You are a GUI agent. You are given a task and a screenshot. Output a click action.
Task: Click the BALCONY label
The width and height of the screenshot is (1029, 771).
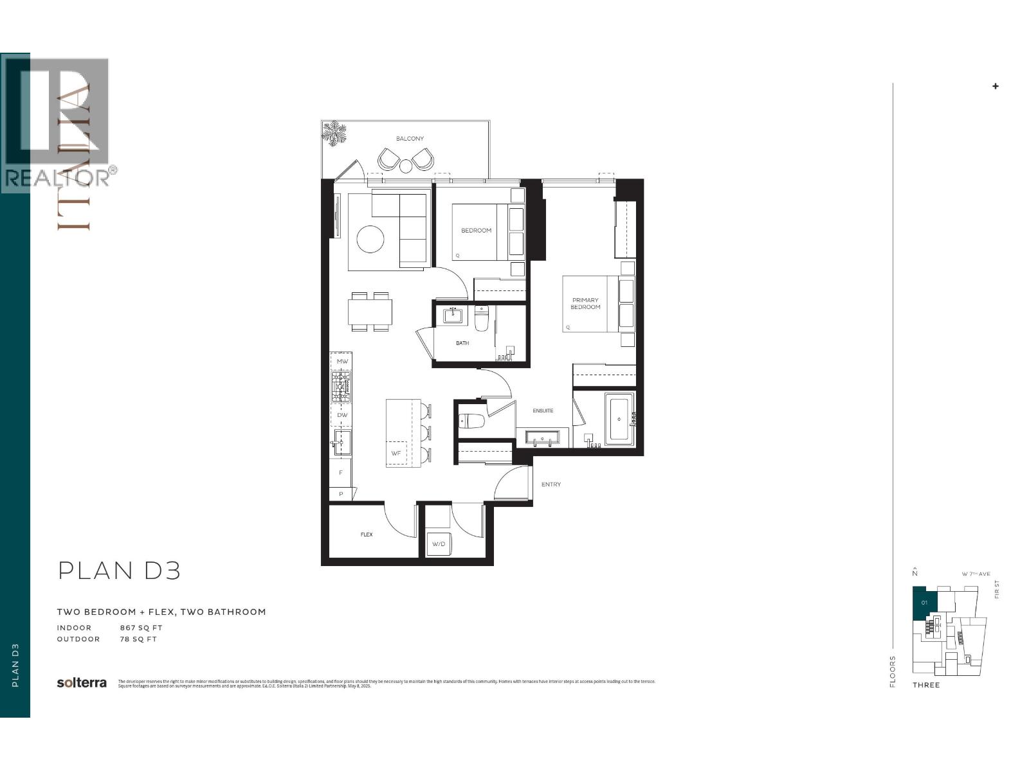[410, 139]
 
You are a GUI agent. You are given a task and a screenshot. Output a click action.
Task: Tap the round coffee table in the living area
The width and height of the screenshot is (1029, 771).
[370, 240]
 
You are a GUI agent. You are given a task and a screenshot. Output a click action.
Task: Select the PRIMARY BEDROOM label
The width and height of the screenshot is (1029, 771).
[585, 303]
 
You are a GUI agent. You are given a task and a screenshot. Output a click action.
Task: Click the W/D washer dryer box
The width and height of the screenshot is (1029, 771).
[439, 544]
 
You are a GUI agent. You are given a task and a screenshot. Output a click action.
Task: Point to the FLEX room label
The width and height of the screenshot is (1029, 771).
[367, 535]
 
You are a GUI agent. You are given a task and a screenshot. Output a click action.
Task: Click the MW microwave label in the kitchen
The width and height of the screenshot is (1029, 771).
[342, 362]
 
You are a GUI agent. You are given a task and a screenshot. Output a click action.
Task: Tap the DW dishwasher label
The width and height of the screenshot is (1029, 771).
[342, 415]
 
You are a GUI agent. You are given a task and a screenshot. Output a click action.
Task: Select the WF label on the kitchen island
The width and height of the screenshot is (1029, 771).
[396, 454]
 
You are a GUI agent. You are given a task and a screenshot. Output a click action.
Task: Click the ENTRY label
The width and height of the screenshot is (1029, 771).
[551, 484]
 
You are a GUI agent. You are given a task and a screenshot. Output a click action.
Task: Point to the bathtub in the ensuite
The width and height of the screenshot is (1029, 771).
[619, 420]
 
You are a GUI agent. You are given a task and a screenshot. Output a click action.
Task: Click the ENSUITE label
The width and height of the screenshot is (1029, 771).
[543, 411]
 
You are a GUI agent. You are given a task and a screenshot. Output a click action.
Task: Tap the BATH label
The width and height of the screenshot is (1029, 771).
[462, 343]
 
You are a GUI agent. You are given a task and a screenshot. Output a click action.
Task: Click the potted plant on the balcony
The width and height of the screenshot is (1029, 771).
[334, 133]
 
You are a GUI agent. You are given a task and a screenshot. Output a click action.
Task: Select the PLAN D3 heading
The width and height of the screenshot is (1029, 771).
[119, 571]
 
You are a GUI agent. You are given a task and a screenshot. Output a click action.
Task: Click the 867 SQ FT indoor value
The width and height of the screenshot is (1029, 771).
[141, 628]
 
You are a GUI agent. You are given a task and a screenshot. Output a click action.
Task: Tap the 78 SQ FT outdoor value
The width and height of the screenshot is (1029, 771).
[138, 639]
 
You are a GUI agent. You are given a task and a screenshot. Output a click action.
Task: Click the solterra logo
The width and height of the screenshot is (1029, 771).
[82, 683]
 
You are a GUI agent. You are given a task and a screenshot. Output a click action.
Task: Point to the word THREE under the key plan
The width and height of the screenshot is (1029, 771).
[926, 685]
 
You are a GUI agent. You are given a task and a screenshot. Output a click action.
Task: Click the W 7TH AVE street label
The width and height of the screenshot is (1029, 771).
[976, 574]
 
